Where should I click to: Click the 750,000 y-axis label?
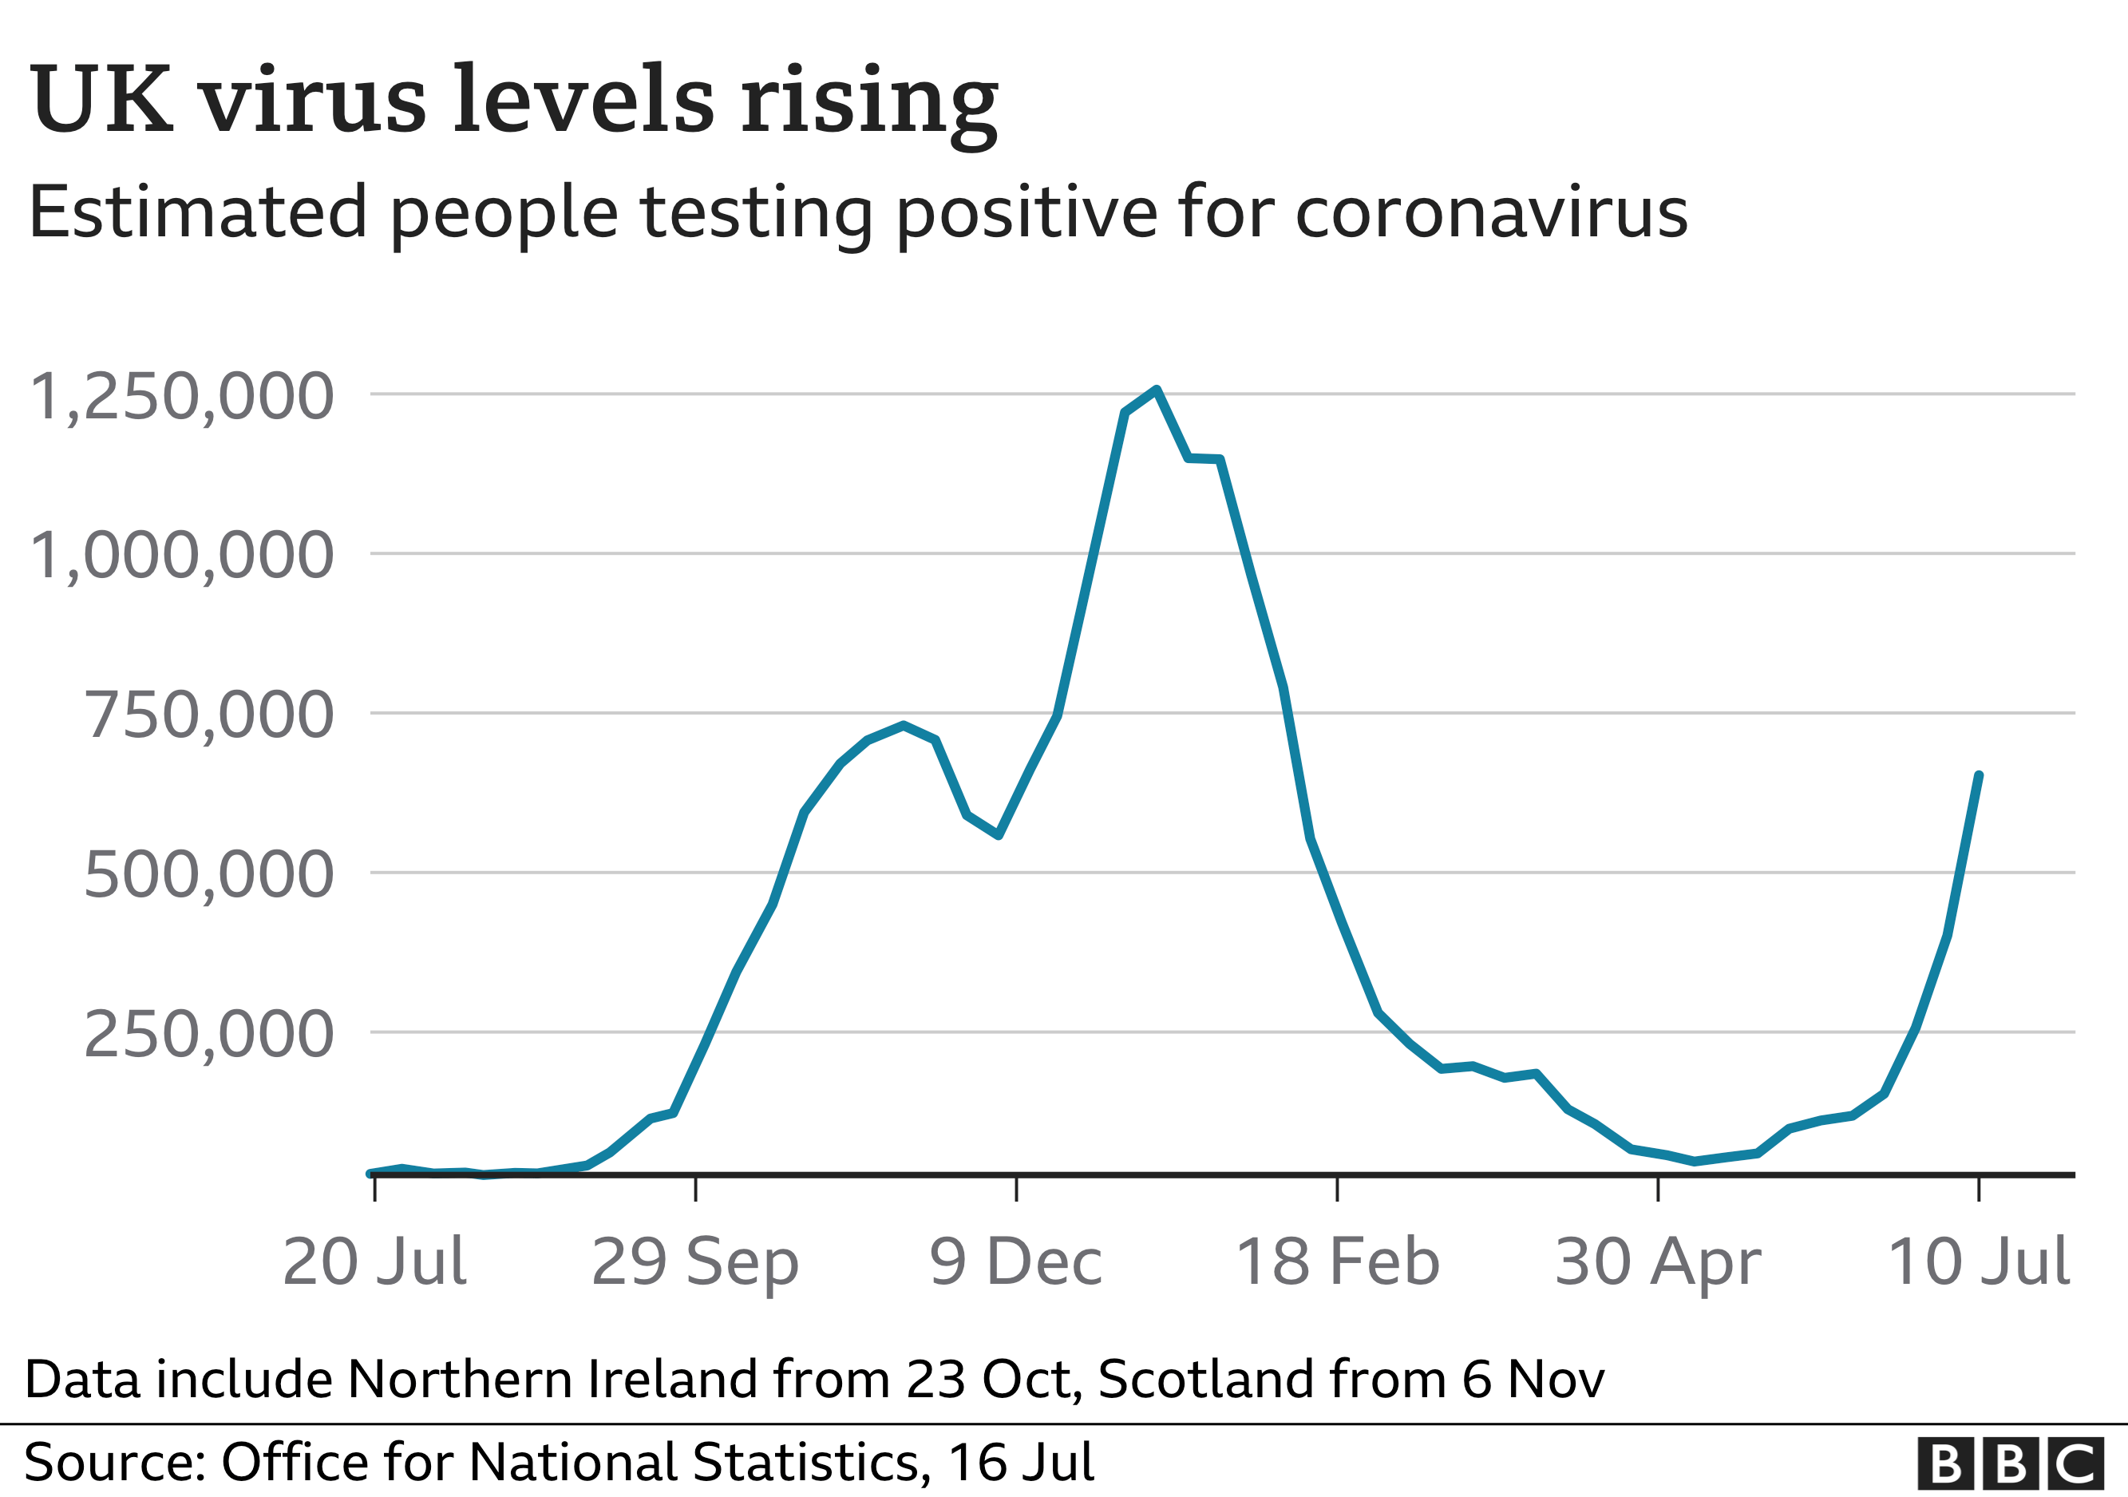tap(208, 715)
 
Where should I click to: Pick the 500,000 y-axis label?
tap(208, 875)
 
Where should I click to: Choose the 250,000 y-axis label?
tap(208, 1035)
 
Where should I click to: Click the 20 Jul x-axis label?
tap(374, 1261)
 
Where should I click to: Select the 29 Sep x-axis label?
tap(695, 1263)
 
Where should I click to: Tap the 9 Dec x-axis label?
tap(1016, 1261)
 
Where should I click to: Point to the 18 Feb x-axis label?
tap(1338, 1261)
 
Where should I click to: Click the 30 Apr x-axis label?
tap(1658, 1263)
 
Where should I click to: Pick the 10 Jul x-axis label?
tap(1978, 1261)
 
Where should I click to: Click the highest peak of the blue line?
tap(1157, 390)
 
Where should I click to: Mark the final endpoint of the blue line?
tap(1979, 775)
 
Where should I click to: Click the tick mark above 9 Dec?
tap(1017, 1188)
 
